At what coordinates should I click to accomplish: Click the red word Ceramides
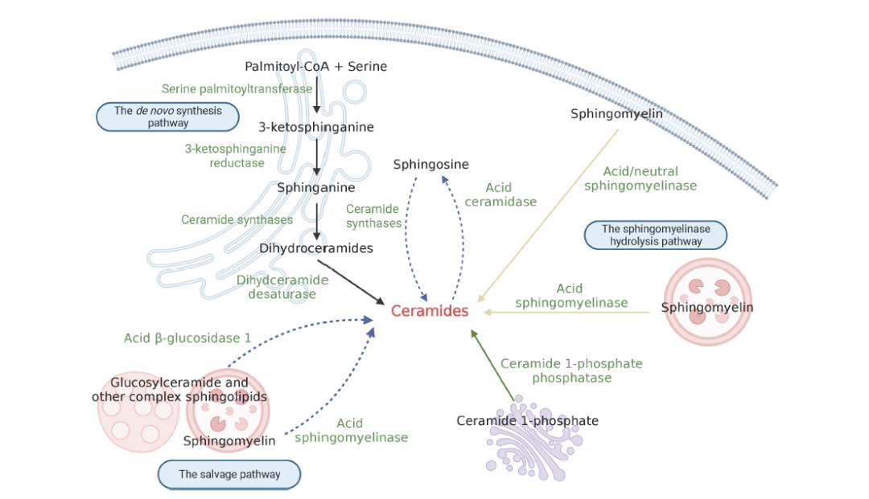[x=430, y=311]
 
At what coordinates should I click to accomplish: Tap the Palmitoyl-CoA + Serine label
[x=315, y=66]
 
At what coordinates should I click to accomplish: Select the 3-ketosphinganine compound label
[x=316, y=126]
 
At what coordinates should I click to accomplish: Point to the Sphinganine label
[x=316, y=187]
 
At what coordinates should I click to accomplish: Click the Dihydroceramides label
[x=316, y=247]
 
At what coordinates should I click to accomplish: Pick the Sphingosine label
[x=430, y=164]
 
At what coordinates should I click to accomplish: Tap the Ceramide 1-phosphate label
[x=527, y=420]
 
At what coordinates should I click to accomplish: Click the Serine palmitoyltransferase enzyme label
[x=237, y=88]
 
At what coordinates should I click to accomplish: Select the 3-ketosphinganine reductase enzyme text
[x=236, y=155]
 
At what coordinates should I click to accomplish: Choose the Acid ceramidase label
[x=500, y=194]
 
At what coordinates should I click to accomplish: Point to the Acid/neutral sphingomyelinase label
[x=640, y=178]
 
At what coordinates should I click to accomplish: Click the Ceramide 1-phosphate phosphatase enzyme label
[x=571, y=370]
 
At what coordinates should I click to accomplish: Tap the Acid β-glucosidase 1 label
[x=187, y=337]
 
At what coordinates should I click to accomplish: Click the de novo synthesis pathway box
[x=168, y=117]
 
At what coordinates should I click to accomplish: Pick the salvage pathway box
[x=229, y=474]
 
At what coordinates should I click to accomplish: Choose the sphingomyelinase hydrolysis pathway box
[x=656, y=235]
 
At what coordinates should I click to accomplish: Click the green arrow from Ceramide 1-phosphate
[x=492, y=365]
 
